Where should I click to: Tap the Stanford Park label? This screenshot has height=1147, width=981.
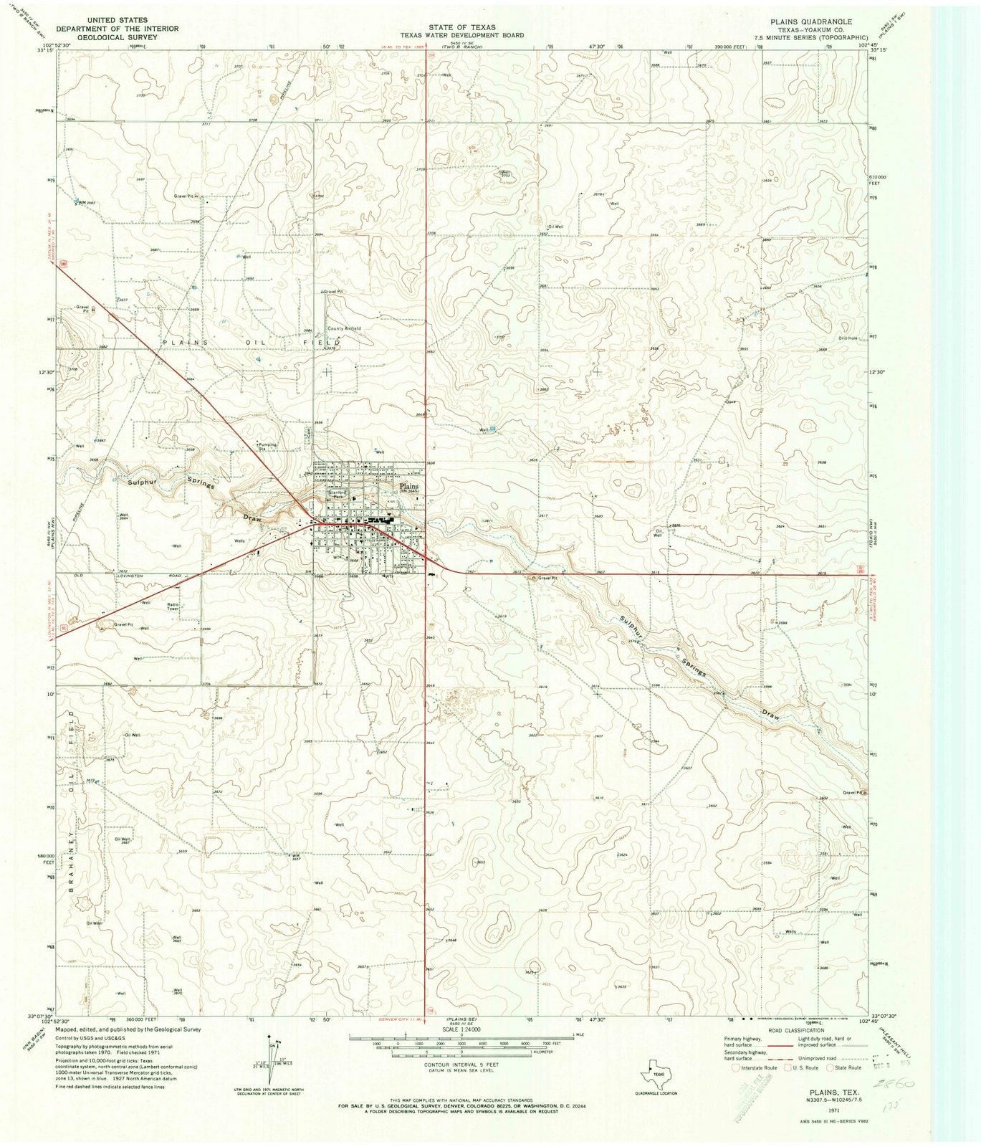(338, 494)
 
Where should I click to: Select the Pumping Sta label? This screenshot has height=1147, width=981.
(267, 446)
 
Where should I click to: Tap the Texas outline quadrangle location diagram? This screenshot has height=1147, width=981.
(656, 1065)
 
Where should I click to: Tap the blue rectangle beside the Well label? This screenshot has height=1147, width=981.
(493, 429)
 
